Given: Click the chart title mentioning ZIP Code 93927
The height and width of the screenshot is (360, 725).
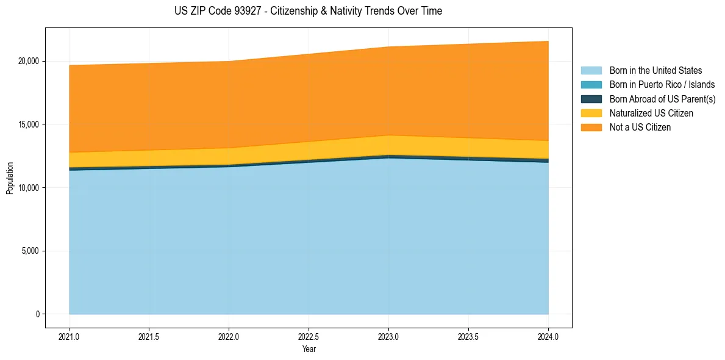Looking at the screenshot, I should click(308, 11).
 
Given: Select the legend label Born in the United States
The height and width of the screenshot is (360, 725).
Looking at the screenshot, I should click(655, 71).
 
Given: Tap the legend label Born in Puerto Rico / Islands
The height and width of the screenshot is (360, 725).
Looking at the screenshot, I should click(662, 85).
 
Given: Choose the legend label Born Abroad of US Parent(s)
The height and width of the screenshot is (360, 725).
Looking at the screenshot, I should click(662, 99).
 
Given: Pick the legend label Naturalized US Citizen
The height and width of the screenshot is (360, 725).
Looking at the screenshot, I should click(651, 113).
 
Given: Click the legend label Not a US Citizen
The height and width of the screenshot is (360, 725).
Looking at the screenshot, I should click(640, 128).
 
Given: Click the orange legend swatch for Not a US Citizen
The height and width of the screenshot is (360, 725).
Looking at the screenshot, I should click(591, 128).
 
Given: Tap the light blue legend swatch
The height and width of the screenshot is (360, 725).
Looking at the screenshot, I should click(591, 71).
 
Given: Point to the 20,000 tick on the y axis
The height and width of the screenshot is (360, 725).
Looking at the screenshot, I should click(29, 61).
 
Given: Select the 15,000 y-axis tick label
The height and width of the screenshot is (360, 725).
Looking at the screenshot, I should click(29, 124).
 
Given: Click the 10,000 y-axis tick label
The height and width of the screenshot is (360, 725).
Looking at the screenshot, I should click(29, 188).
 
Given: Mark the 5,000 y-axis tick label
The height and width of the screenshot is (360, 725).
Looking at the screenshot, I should click(30, 251).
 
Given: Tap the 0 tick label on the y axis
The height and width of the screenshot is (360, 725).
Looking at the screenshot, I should click(37, 314).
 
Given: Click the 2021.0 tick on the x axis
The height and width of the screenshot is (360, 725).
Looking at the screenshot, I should click(70, 336).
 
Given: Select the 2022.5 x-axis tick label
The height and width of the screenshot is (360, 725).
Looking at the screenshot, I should click(309, 336).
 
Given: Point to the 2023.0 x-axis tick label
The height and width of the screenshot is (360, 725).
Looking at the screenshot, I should click(388, 336).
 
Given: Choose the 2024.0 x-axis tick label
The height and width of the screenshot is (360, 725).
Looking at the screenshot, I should click(548, 336).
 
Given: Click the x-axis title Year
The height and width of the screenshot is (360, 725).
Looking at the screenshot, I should click(309, 349).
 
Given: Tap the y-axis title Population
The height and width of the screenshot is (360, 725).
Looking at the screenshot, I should click(10, 178).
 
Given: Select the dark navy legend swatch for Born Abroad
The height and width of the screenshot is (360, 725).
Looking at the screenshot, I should click(591, 99).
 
